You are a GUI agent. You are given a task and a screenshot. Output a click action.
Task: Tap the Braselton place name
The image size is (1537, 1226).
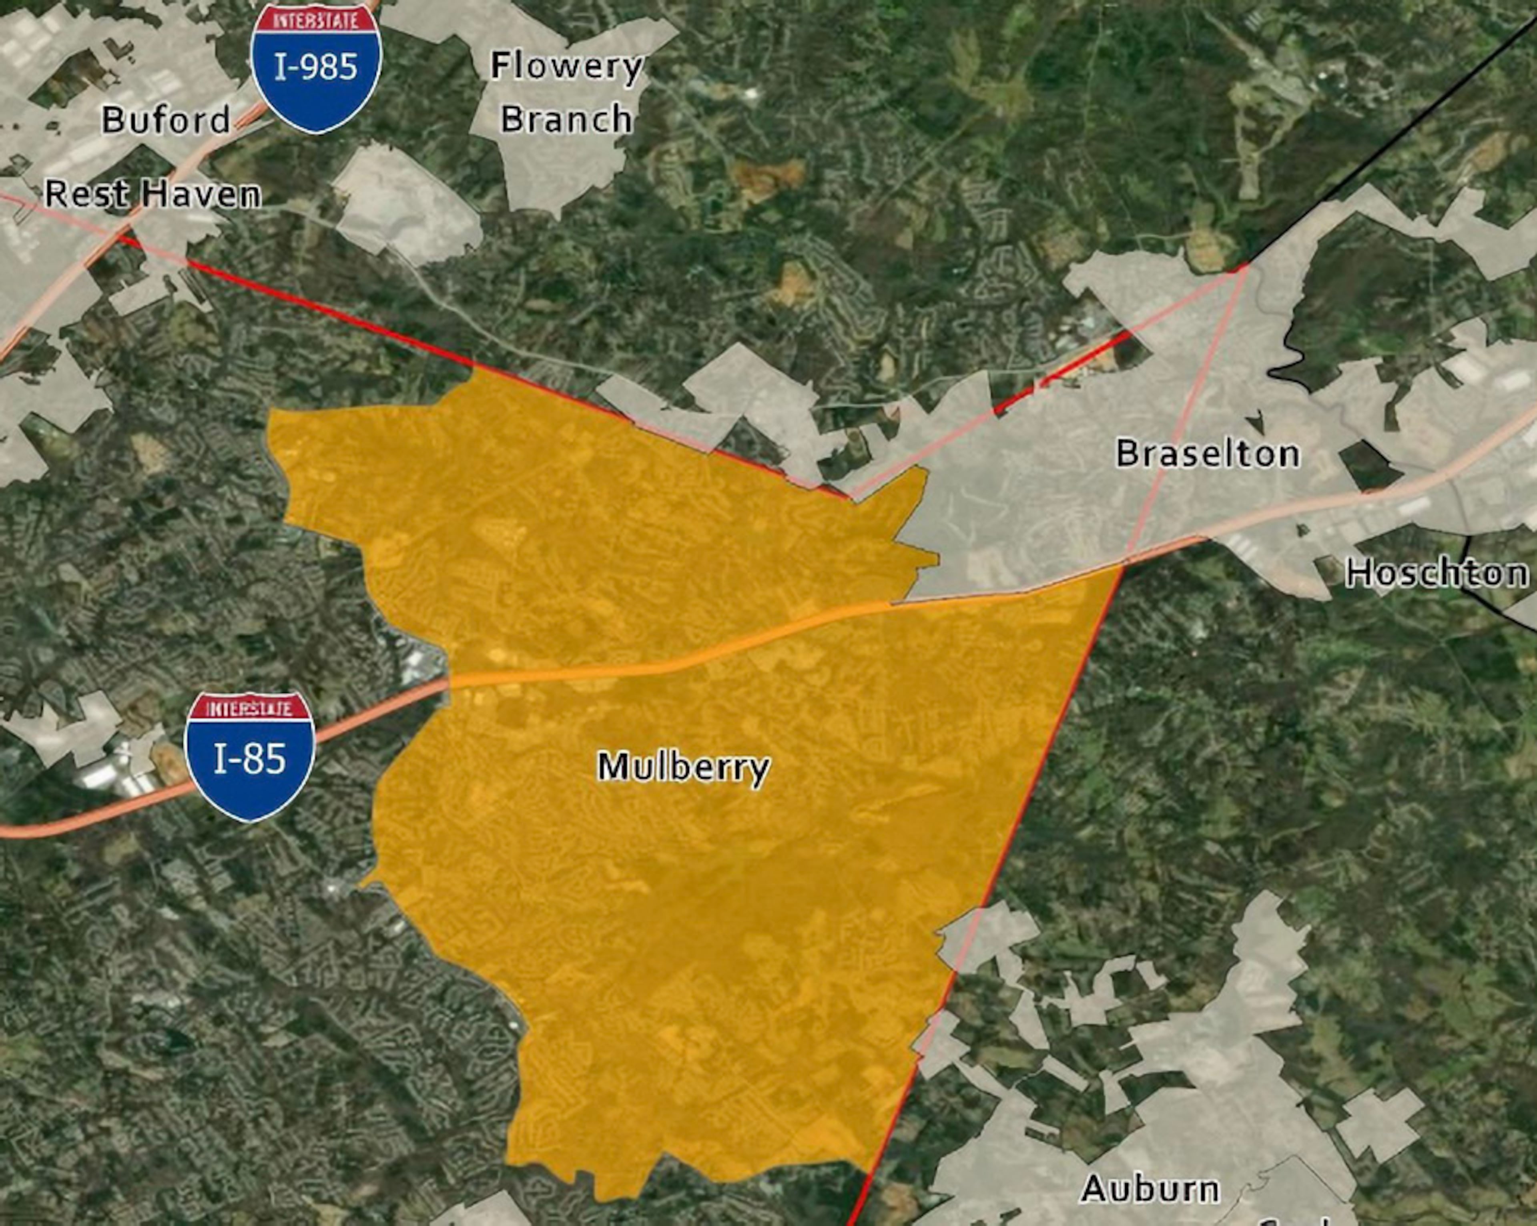(1207, 453)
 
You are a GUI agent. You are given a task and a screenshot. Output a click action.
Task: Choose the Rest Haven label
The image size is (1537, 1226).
(152, 194)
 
